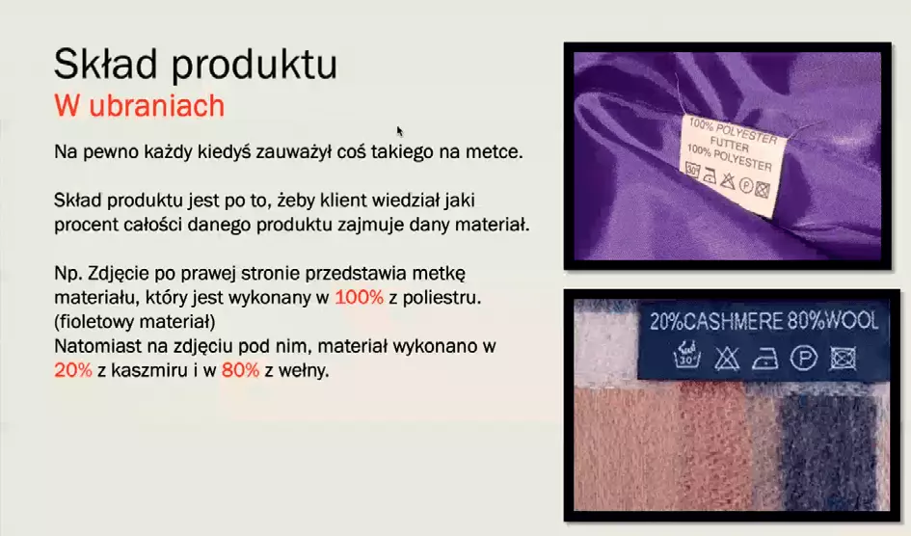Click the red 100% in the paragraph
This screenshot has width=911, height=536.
tap(359, 297)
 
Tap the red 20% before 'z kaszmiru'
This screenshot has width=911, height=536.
tap(73, 370)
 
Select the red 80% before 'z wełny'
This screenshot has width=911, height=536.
tap(241, 370)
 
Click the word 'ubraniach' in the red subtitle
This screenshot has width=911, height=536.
tap(157, 106)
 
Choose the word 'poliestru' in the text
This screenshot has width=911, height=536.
tap(441, 297)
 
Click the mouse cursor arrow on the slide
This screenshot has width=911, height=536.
tap(399, 131)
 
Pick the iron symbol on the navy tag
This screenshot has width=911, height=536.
tap(765, 360)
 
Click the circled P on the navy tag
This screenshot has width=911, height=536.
tap(804, 359)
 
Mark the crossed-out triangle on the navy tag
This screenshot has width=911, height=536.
tap(727, 359)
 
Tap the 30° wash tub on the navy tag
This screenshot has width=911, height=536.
tap(687, 355)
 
